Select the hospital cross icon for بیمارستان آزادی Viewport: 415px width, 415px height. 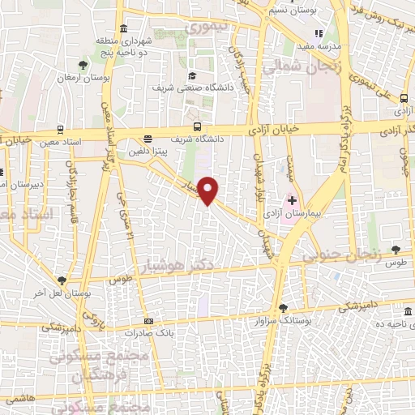point(292,199)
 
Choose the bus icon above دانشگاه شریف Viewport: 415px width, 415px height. point(197,126)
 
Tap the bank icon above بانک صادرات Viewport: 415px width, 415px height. point(147,320)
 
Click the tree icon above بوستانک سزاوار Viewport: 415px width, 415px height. point(282,307)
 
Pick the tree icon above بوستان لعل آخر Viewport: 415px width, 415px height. point(61,280)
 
